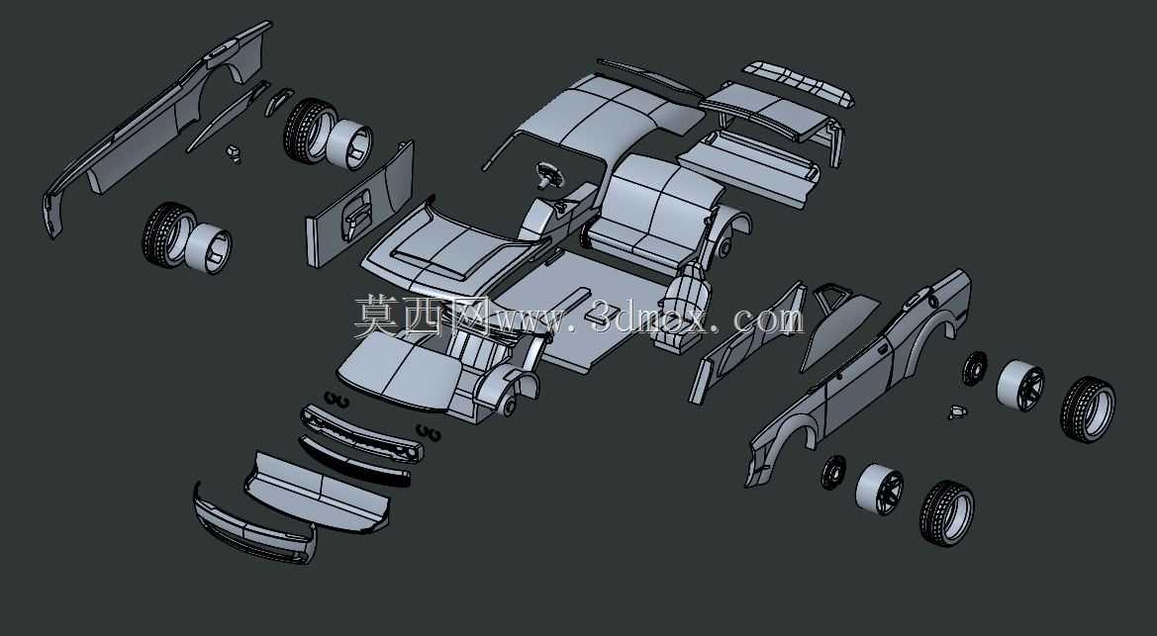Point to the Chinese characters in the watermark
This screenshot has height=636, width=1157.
[x=421, y=316]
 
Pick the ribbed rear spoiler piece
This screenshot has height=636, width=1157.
[x=799, y=83]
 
